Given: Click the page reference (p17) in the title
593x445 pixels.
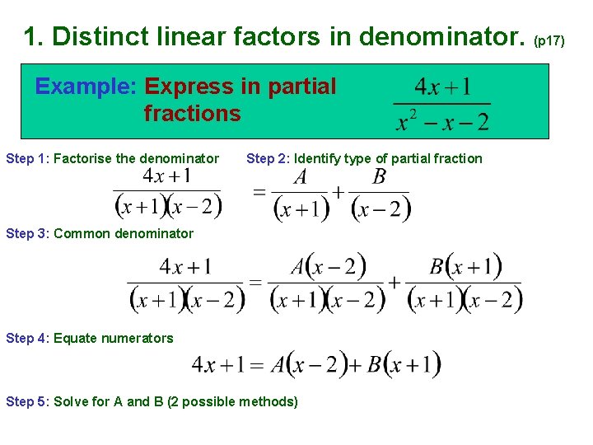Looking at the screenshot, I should click(x=549, y=40).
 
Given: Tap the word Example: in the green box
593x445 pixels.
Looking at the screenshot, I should click(x=86, y=87).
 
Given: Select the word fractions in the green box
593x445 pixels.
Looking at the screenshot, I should click(x=192, y=113).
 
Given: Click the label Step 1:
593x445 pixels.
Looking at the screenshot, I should click(x=27, y=158).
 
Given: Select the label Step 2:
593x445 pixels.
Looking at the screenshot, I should click(x=268, y=158).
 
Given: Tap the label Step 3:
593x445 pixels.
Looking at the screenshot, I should click(x=27, y=233).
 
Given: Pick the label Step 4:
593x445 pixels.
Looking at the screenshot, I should click(x=27, y=338).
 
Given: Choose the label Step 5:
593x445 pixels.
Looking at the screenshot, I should click(x=27, y=401).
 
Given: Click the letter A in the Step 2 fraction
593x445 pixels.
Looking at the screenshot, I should click(x=300, y=177).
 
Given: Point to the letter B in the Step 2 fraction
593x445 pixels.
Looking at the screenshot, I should click(x=379, y=177).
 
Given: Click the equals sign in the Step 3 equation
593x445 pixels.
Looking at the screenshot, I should click(x=255, y=283).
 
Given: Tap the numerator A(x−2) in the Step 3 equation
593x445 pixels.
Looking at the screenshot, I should click(x=328, y=267).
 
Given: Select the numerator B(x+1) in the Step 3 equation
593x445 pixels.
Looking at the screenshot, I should click(x=465, y=267).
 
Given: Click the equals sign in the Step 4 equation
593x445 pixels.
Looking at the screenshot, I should click(x=256, y=365).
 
